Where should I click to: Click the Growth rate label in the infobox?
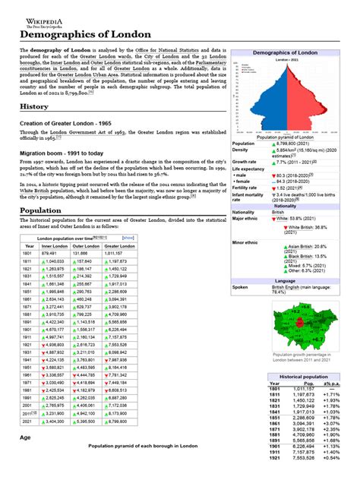pyautogui.click(x=244, y=162)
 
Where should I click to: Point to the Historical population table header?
pyautogui.click(x=303, y=377)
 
